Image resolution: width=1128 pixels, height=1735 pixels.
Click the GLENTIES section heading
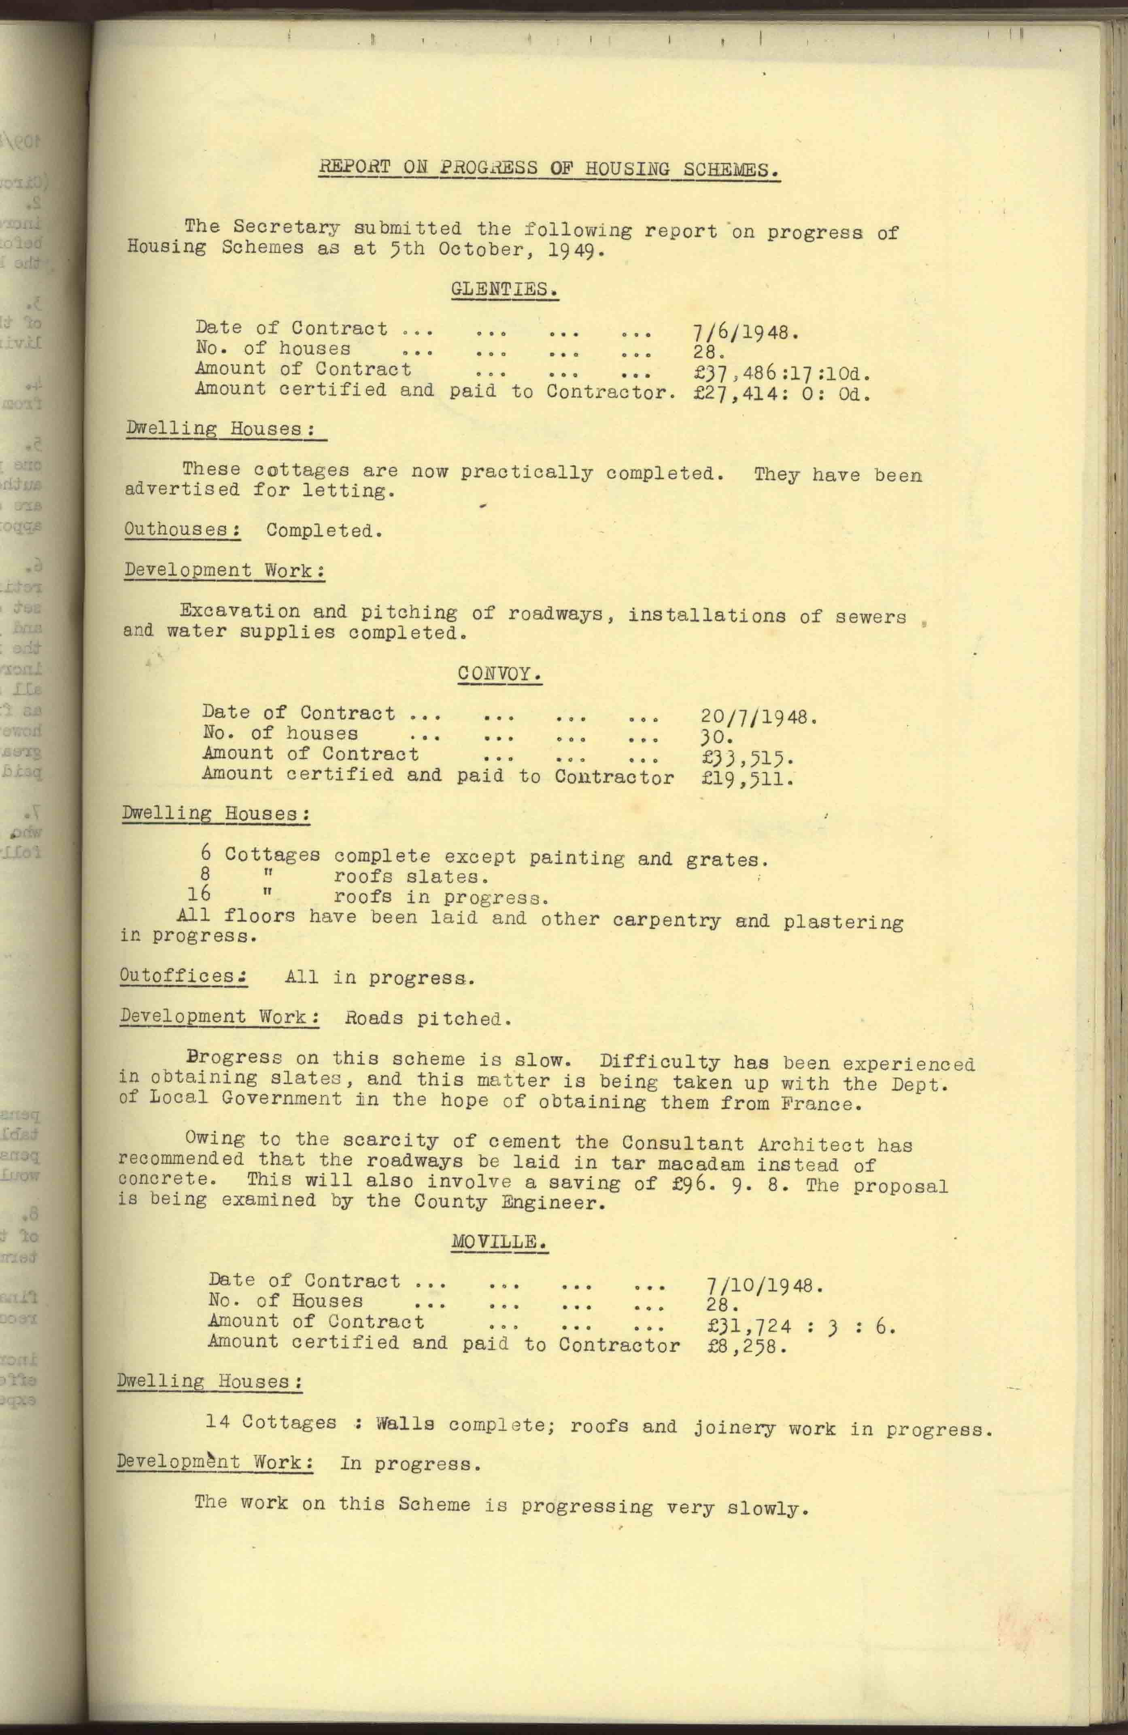tap(505, 289)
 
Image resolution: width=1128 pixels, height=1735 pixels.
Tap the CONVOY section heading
tap(499, 673)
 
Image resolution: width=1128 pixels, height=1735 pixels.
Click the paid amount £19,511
tap(747, 779)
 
